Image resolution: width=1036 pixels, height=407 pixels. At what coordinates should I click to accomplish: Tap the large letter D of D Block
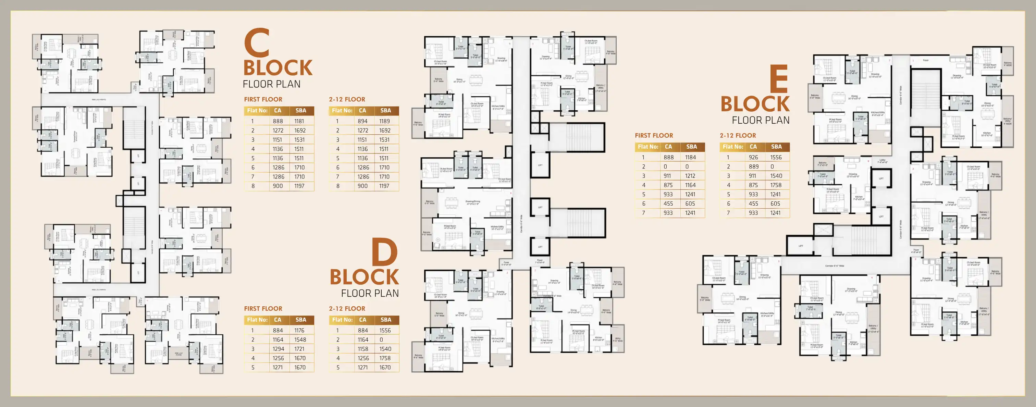pyautogui.click(x=384, y=252)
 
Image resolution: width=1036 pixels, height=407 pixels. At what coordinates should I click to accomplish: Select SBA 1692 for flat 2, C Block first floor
pyautogui.click(x=300, y=130)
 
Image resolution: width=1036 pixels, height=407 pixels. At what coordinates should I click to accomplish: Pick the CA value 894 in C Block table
pyautogui.click(x=362, y=121)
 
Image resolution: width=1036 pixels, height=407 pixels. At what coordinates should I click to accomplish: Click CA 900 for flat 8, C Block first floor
pyautogui.click(x=277, y=186)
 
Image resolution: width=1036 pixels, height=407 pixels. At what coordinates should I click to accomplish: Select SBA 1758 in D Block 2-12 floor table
pyautogui.click(x=384, y=358)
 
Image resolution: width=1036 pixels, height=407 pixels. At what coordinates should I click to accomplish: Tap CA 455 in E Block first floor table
pyautogui.click(x=668, y=203)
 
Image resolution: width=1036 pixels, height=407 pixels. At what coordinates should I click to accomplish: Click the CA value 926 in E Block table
pyautogui.click(x=753, y=157)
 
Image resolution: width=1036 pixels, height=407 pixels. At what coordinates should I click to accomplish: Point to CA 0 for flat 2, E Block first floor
pyautogui.click(x=665, y=166)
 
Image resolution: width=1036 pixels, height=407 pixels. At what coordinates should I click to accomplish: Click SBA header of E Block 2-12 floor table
pyautogui.click(x=776, y=147)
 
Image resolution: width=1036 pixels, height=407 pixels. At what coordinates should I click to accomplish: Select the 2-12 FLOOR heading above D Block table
pyautogui.click(x=347, y=308)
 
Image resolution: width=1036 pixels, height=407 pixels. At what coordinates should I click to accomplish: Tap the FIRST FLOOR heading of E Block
pyautogui.click(x=654, y=136)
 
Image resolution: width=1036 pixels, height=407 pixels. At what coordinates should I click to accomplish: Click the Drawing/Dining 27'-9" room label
pyautogui.click(x=472, y=202)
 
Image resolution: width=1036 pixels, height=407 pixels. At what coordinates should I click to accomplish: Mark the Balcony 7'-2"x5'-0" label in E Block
pyautogui.click(x=823, y=164)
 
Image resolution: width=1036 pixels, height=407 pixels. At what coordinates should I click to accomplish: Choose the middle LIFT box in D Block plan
pyautogui.click(x=540, y=208)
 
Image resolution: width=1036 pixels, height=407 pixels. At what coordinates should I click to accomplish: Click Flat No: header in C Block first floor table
pyautogui.click(x=257, y=111)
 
